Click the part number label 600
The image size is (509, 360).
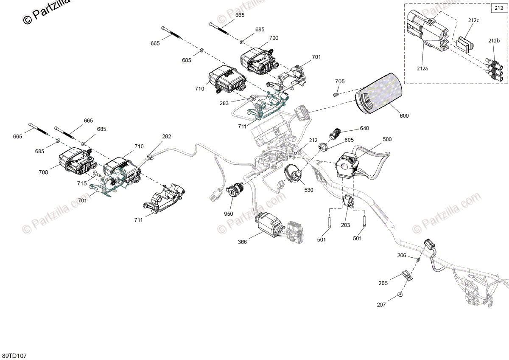[x=404, y=116]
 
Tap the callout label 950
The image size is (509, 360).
[x=229, y=214]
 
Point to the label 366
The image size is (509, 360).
[x=242, y=242]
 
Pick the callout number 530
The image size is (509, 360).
[x=309, y=190]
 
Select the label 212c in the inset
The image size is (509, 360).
[x=474, y=20]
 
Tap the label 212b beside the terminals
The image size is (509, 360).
[x=494, y=41]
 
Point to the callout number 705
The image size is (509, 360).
[x=340, y=82]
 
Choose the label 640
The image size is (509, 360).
[x=364, y=128]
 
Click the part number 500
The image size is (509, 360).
[x=387, y=139]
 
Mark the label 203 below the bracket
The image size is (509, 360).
[x=346, y=225]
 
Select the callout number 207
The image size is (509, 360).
[x=381, y=305]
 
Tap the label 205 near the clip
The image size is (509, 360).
[x=383, y=283]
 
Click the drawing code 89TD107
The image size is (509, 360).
[x=14, y=355]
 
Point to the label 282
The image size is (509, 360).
[x=167, y=137]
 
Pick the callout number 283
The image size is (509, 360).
[x=224, y=103]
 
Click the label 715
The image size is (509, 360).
[x=82, y=183]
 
